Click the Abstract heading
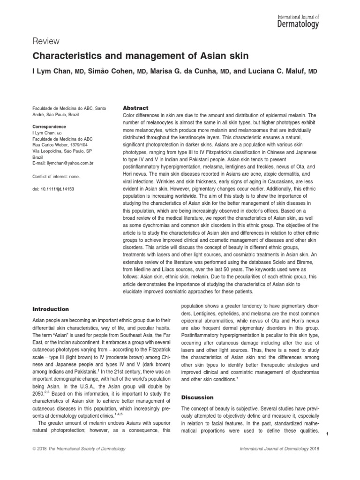tap(135, 107)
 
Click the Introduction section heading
tap(50, 309)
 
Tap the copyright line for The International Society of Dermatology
tap(79, 449)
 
